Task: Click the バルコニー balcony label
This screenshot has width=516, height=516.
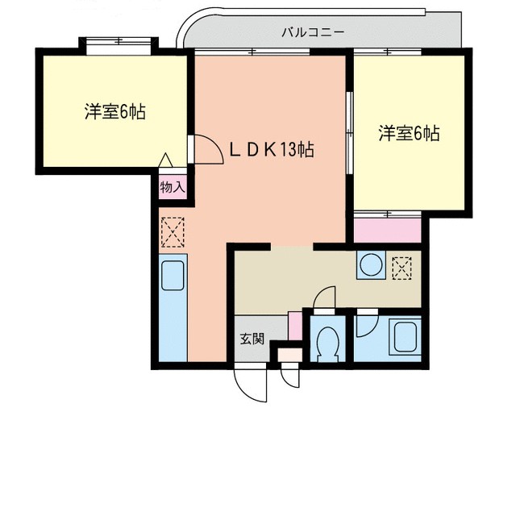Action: (x=313, y=33)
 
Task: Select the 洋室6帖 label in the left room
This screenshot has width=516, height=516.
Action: (x=115, y=112)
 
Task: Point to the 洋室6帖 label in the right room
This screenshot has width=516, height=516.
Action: (x=410, y=134)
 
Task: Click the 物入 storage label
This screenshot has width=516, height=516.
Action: (x=172, y=187)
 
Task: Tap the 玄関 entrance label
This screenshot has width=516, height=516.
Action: (x=251, y=339)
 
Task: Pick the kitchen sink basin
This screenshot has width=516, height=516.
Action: (x=173, y=276)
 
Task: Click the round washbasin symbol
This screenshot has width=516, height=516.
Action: (x=372, y=266)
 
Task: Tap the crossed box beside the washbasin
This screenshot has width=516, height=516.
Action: (x=402, y=267)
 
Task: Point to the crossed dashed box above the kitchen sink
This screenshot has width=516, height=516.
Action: (x=173, y=234)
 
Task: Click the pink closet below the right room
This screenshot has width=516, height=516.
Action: (x=387, y=229)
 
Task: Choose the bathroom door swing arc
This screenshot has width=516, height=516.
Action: (x=366, y=323)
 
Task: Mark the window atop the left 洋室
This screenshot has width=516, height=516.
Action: (x=118, y=42)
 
